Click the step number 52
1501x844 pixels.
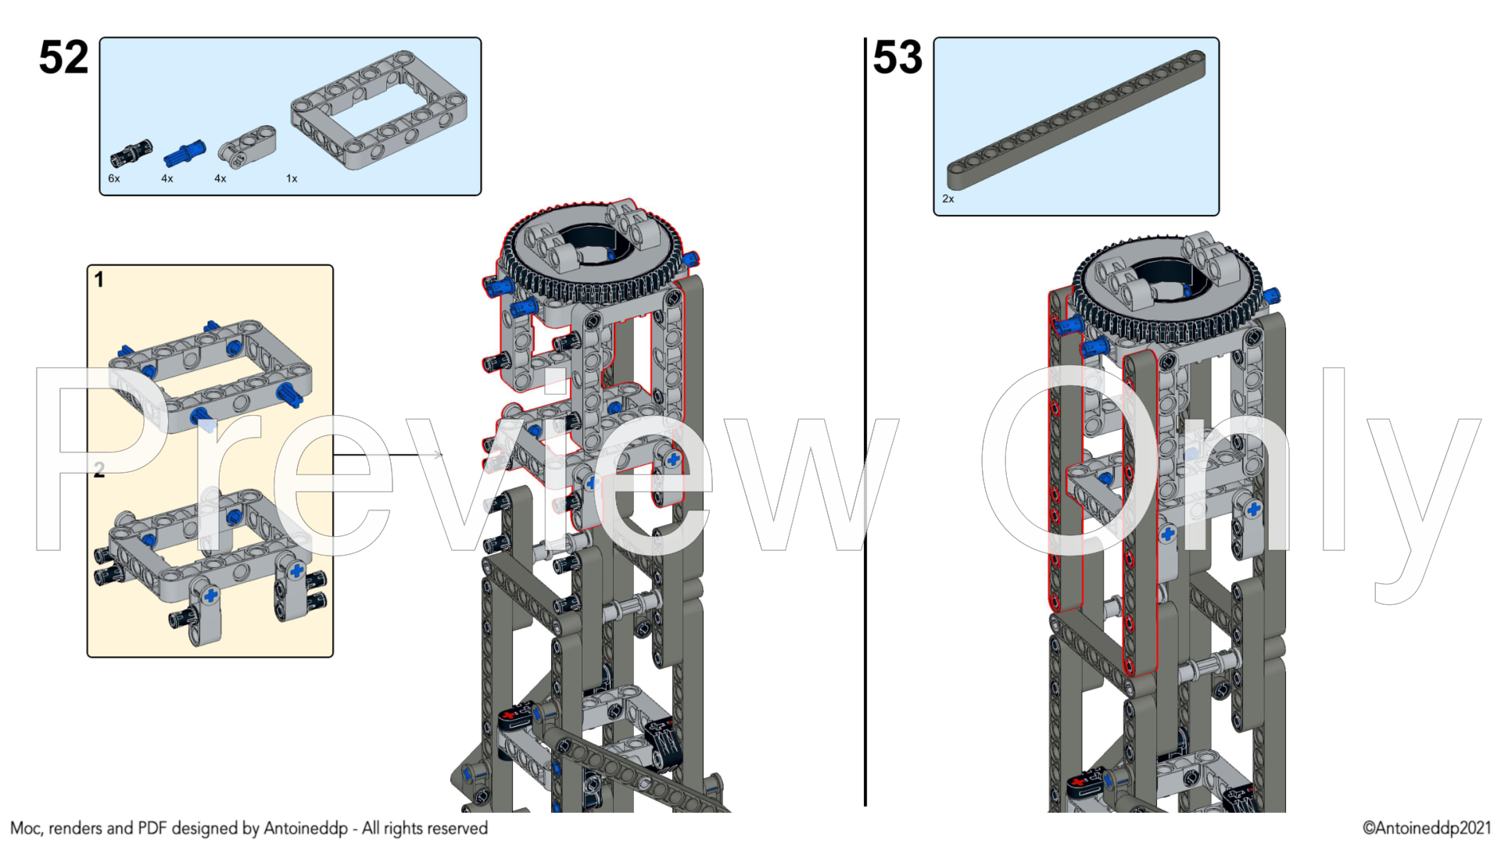coord(64,58)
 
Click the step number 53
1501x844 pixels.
coord(897,58)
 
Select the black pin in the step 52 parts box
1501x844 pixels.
coord(131,153)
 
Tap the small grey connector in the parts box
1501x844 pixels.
coord(247,146)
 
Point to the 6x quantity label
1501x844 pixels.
coord(114,179)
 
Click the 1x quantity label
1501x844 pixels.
coord(292,179)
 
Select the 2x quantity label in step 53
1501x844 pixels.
coord(948,199)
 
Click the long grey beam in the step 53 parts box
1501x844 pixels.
coord(1076,120)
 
